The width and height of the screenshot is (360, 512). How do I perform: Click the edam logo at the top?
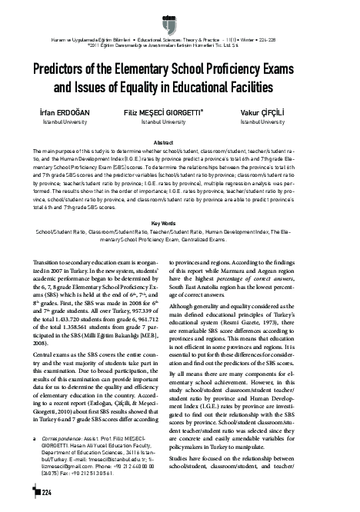[x=180, y=10]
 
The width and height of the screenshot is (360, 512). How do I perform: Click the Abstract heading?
[x=180, y=144]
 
